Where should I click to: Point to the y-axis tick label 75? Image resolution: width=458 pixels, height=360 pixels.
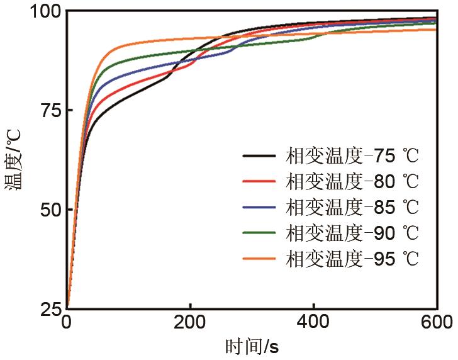[x=48, y=111]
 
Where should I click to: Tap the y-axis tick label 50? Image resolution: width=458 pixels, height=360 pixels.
[x=48, y=210]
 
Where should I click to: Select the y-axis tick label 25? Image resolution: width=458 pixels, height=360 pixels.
[x=48, y=309]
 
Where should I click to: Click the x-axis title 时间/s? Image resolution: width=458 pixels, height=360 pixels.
[x=252, y=347]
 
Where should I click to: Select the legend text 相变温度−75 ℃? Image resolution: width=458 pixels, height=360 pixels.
[x=352, y=155]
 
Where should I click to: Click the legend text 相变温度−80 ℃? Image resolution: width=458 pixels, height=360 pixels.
[x=352, y=181]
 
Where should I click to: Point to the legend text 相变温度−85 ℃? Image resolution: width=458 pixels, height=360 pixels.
[x=352, y=206]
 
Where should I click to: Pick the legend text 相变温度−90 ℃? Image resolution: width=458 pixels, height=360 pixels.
[x=352, y=232]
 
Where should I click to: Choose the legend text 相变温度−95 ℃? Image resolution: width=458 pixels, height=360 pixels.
[x=352, y=258]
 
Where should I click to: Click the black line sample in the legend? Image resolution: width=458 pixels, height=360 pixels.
[x=259, y=155]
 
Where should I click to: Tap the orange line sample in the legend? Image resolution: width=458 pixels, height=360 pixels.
[x=259, y=258]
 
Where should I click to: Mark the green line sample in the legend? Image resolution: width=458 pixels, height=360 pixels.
[x=259, y=232]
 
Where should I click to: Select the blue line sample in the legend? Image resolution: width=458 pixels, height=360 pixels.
[x=259, y=206]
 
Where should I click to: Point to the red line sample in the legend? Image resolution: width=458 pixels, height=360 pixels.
[x=259, y=181]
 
